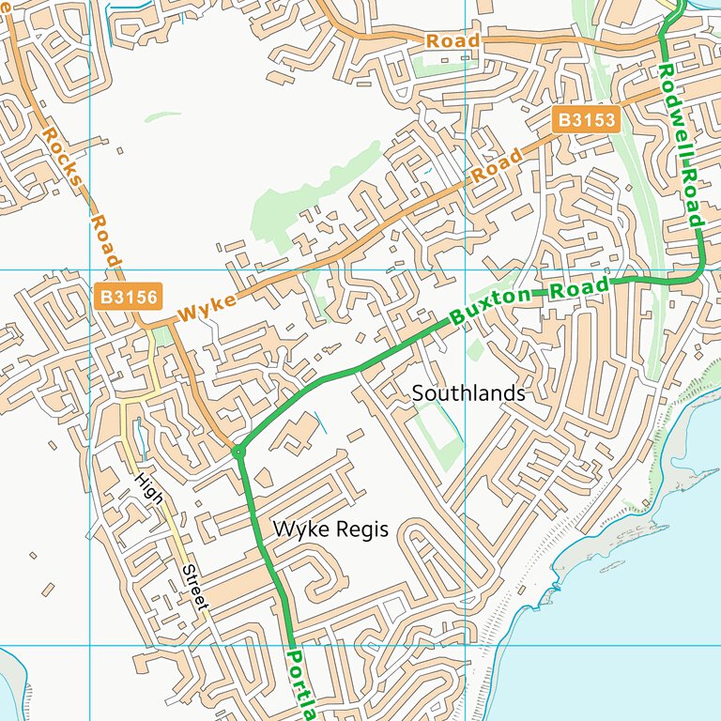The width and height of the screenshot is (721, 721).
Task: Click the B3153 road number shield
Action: coord(587,119)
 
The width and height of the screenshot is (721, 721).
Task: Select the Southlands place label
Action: coord(468,393)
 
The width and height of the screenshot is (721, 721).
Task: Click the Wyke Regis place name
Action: coord(330,529)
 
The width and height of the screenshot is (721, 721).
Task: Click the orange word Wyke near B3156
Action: coord(205,308)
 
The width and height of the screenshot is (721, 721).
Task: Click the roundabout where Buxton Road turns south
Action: coord(238,453)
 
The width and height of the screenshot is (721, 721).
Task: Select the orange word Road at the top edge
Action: coord(453,41)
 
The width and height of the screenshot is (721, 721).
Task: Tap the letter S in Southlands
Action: coord(418,393)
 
